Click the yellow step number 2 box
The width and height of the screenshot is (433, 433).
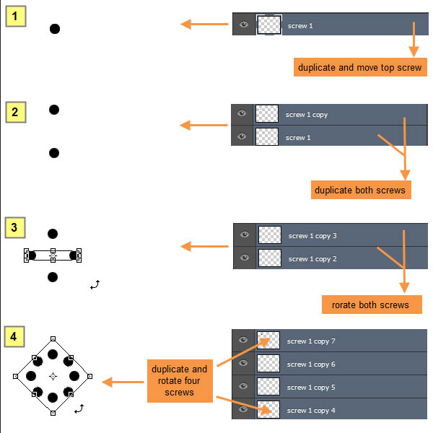pyautogui.click(x=16, y=112)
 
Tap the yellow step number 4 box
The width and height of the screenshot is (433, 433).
pyautogui.click(x=16, y=337)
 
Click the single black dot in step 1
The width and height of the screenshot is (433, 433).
pyautogui.click(x=54, y=29)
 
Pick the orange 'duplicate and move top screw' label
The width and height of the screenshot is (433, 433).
pyautogui.click(x=359, y=67)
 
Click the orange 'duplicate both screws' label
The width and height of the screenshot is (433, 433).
pyautogui.click(x=361, y=191)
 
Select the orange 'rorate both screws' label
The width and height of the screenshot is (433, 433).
pyautogui.click(x=371, y=305)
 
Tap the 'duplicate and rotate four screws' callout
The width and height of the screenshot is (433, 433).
pyautogui.click(x=180, y=380)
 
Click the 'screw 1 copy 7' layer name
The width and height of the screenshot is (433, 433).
pyautogui.click(x=311, y=341)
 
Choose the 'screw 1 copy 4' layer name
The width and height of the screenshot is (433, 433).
pyautogui.click(x=311, y=411)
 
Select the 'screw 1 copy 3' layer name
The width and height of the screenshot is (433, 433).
pyautogui.click(x=312, y=235)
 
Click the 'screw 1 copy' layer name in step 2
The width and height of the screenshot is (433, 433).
pyautogui.click(x=306, y=115)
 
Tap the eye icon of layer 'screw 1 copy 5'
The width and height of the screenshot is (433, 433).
pyautogui.click(x=243, y=387)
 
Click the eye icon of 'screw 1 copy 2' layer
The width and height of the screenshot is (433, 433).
pyautogui.click(x=245, y=258)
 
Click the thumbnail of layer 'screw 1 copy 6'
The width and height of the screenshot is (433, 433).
pyautogui.click(x=268, y=364)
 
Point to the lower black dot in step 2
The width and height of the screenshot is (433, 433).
pyautogui.click(x=53, y=153)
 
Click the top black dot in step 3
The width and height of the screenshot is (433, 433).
pyautogui.click(x=52, y=234)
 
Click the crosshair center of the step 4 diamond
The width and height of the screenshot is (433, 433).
pyautogui.click(x=53, y=376)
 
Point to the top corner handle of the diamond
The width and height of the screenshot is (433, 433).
pyautogui.click(x=53, y=337)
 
